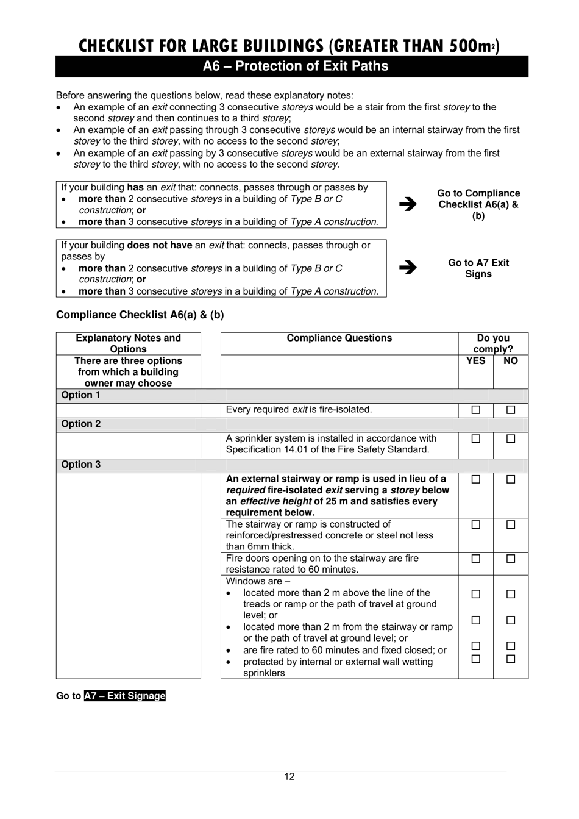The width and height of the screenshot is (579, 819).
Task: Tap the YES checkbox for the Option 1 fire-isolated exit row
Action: (475, 410)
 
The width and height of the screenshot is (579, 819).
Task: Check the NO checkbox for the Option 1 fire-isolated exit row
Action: (511, 410)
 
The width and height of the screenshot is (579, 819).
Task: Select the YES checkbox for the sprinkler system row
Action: (475, 438)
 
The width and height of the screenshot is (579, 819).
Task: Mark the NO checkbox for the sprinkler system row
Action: (511, 438)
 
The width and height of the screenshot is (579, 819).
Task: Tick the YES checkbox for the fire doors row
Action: (475, 559)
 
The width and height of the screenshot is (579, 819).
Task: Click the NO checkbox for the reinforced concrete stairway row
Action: (511, 524)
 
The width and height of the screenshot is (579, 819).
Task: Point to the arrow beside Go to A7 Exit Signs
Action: (408, 268)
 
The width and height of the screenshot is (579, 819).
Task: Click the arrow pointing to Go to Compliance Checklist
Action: (408, 204)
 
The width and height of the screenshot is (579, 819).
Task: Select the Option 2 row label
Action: (81, 424)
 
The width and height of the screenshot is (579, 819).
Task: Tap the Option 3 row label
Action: (81, 465)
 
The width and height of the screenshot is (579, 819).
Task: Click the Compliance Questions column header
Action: (339, 338)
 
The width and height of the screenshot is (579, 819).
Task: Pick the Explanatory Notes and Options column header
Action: (128, 343)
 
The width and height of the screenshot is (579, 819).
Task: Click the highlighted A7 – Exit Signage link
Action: (125, 696)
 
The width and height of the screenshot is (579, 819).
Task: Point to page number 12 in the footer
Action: (289, 776)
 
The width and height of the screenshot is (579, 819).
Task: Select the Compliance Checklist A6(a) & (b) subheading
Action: (140, 315)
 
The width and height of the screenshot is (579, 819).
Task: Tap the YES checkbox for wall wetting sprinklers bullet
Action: (475, 659)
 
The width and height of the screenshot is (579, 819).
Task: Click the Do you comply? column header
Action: (493, 343)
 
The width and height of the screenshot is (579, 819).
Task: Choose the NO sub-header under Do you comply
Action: (511, 361)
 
